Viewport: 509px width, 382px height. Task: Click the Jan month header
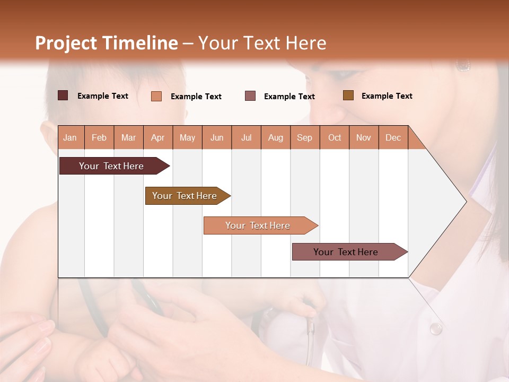70,138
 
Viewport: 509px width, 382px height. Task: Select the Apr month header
157,138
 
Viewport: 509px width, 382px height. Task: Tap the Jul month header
246,138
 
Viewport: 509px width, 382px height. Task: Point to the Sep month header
304,138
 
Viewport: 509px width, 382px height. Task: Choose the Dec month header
393,138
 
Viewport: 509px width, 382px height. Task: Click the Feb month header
99,138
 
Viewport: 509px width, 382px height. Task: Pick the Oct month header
334,138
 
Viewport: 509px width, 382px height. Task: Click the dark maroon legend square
63,95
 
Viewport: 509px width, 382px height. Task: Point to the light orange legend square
156,96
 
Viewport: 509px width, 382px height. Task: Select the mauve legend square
250,95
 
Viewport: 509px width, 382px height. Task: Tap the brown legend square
348,95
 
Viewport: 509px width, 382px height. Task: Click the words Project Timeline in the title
106,43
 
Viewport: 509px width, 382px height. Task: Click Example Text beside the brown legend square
387,96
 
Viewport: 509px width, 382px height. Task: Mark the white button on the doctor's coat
436,329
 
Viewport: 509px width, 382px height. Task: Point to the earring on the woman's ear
463,65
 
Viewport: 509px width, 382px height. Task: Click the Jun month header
216,138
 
